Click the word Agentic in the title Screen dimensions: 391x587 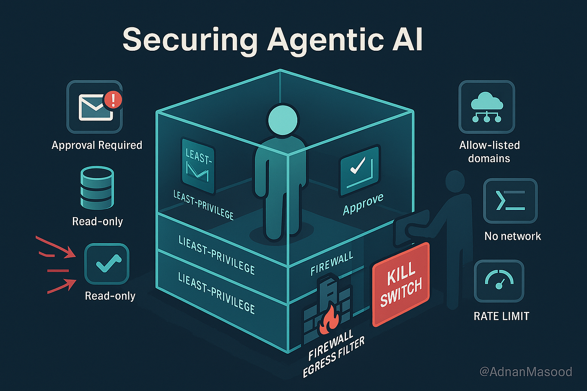click(325, 40)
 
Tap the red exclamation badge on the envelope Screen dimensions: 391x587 click(113, 100)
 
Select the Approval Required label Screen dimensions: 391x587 click(97, 145)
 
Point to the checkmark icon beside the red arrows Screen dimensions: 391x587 click(107, 264)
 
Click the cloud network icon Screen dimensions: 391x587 click(486, 107)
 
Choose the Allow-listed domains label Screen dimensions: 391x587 click(489, 152)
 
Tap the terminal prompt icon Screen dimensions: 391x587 click(510, 200)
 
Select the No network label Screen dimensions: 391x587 click(512, 236)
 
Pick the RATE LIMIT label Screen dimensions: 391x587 click(501, 316)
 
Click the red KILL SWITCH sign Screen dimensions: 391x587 click(401, 283)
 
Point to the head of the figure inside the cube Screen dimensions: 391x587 click(283, 120)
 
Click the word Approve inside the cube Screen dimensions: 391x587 click(363, 204)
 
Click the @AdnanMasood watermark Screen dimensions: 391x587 click(525, 372)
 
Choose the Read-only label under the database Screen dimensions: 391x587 click(98, 221)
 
